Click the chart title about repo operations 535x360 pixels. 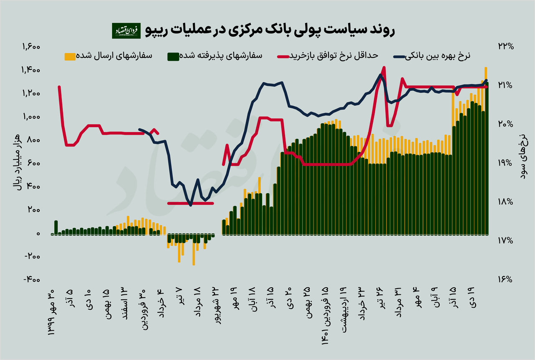(x=270, y=31)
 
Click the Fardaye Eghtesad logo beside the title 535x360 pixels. (x=126, y=31)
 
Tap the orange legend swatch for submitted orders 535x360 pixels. (x=70, y=56)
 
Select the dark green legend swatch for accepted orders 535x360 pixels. (x=173, y=56)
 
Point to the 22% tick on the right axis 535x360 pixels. (x=504, y=46)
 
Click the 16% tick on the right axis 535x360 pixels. (x=504, y=280)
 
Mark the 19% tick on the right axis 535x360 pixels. (x=504, y=163)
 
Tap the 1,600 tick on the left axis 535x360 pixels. (x=29, y=47)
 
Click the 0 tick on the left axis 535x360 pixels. (x=37, y=234)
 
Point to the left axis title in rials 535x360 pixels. (x=17, y=163)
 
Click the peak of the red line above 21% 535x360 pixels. (x=384, y=67)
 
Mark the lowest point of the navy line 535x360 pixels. (x=191, y=205)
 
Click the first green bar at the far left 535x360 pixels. (x=56, y=227)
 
